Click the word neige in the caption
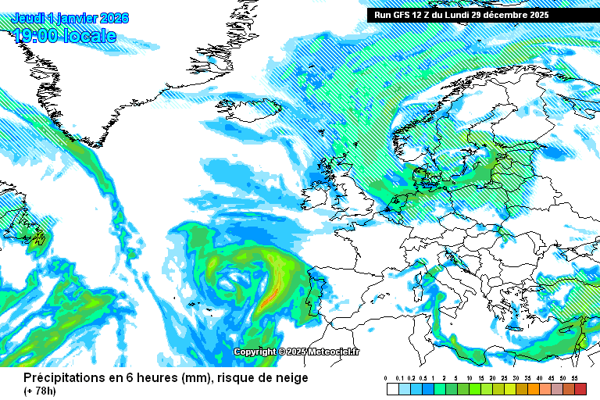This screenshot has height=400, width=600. tap(291, 378)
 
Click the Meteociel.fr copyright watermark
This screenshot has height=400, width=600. tap(298, 352)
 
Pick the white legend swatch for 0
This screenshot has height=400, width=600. tap(392, 388)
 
